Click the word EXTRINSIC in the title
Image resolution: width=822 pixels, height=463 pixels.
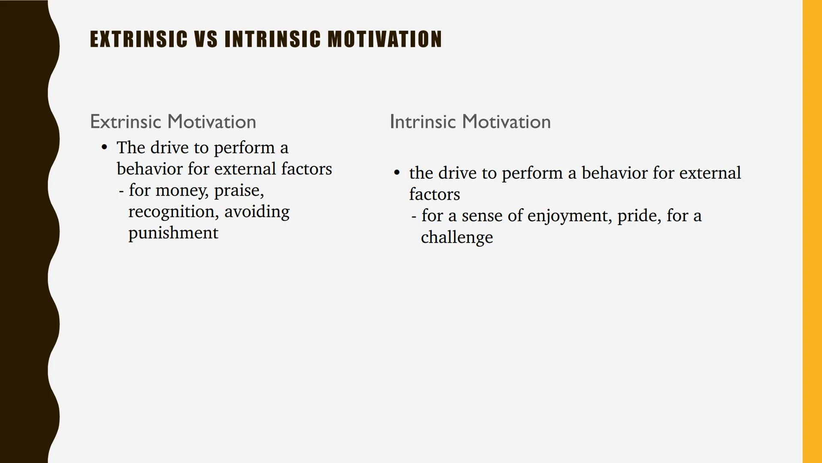[x=139, y=39]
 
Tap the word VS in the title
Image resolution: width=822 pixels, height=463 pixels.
[x=206, y=39]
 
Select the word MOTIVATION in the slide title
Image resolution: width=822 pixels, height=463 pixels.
[x=385, y=39]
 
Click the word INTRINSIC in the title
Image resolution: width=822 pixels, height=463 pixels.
[x=272, y=39]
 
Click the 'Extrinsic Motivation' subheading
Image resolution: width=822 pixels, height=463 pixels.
[x=173, y=122]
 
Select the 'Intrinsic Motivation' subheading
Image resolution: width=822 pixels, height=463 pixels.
[x=470, y=122]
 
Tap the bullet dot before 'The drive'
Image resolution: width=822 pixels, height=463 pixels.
[x=104, y=147]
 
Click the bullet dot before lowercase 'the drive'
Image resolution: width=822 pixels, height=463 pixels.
[x=397, y=173]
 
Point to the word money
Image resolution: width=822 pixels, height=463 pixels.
[x=181, y=191]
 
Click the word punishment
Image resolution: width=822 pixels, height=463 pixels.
[x=173, y=233]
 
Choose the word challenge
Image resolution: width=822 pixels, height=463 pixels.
[x=457, y=238]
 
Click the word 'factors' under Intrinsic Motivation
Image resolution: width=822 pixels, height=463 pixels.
[x=434, y=195]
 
